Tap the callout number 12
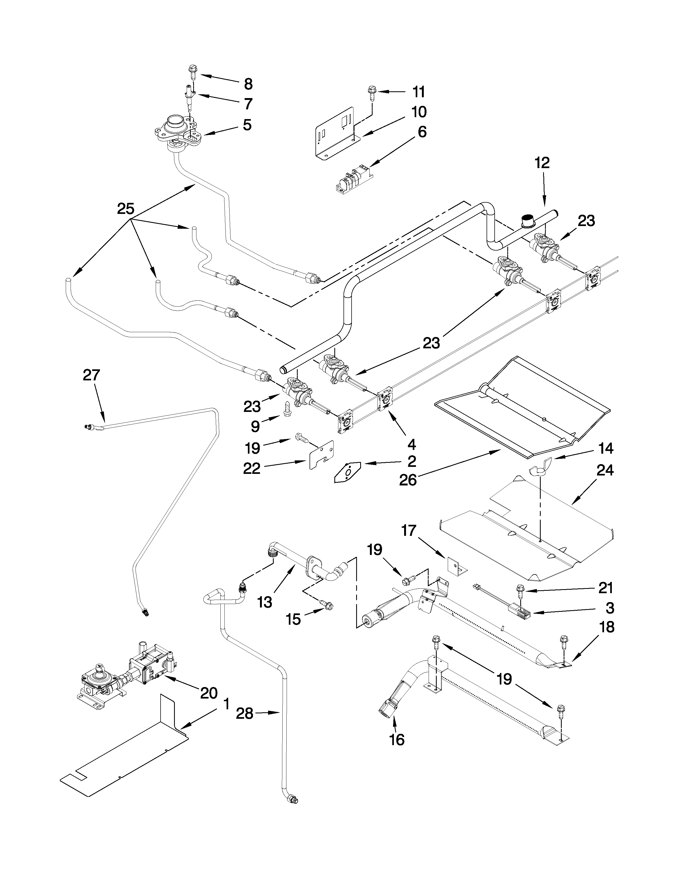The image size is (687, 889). [542, 163]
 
